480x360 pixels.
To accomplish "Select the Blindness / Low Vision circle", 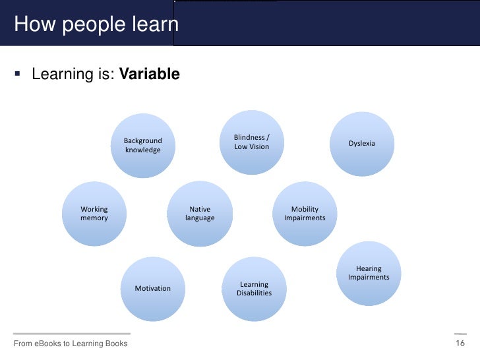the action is (252, 142).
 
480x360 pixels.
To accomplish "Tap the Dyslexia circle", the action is (362, 143).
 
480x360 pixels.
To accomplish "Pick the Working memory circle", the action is (94, 214).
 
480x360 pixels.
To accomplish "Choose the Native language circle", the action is (200, 214).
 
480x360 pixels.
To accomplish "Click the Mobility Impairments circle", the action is (305, 214).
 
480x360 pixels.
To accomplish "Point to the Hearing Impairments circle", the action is (369, 273).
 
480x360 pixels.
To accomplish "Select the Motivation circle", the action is (152, 288).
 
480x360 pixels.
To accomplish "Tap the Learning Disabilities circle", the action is (254, 289).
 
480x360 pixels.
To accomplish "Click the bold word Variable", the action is (148, 75).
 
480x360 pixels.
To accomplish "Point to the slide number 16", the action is (460, 344).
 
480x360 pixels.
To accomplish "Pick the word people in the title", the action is (86, 26).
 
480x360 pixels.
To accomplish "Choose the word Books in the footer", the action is (115, 344).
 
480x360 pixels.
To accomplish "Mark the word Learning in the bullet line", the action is (59, 75).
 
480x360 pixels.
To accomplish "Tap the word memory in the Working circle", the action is (94, 218).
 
